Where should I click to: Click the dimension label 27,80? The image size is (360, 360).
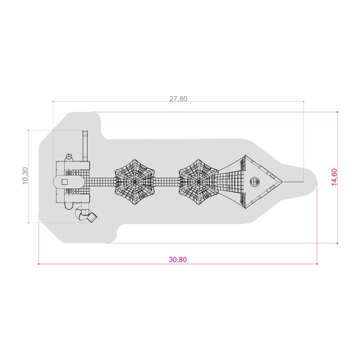(178, 99)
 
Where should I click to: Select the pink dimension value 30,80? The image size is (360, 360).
(178, 259)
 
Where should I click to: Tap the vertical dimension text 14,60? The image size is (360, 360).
(334, 177)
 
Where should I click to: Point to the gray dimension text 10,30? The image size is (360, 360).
(25, 176)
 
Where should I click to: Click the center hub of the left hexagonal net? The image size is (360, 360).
(135, 182)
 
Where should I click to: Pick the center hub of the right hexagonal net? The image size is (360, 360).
(199, 182)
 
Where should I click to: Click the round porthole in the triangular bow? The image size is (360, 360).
(254, 182)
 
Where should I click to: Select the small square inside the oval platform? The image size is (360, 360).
(65, 182)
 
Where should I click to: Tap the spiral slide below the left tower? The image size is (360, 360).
(85, 214)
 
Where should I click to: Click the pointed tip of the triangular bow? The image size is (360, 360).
(283, 182)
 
